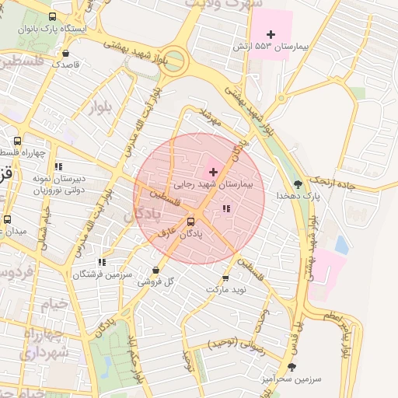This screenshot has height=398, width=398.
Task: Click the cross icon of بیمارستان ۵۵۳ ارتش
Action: (x=271, y=34)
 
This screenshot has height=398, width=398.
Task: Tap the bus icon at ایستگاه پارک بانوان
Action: (x=52, y=16)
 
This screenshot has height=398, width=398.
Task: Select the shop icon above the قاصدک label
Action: (x=65, y=54)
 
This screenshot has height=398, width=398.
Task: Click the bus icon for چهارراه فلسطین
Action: (x=17, y=141)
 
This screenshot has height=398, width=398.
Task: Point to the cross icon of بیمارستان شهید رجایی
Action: (x=213, y=171)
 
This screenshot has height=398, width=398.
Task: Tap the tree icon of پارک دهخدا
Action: (x=298, y=184)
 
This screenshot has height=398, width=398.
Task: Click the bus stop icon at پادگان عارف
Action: (x=191, y=221)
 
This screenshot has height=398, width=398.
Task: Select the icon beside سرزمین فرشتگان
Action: (x=102, y=262)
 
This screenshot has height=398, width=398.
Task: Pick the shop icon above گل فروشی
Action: (x=155, y=270)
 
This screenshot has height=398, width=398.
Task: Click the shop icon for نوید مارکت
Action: (x=226, y=278)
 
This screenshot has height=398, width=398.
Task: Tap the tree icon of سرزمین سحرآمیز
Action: (x=292, y=366)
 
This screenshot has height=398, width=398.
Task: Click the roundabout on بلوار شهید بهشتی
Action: (x=174, y=60)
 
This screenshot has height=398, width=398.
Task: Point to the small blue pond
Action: (x=341, y=244)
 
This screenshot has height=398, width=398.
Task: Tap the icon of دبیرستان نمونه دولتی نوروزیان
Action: (x=58, y=166)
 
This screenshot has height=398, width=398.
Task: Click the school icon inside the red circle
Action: (x=226, y=208)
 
